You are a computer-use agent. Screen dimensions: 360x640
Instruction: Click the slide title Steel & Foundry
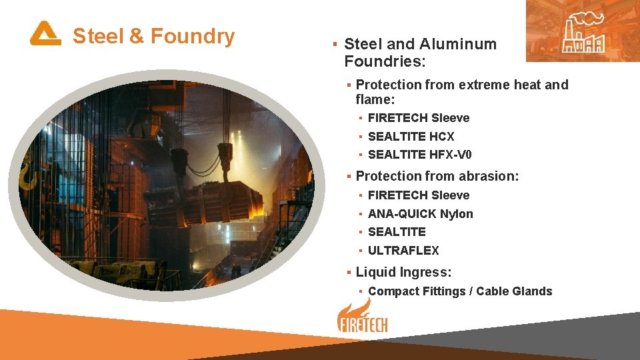pos(153,36)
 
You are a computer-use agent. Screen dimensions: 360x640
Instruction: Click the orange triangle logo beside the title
pos(45,33)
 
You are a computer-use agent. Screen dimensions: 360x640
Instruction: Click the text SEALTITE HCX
pos(411,137)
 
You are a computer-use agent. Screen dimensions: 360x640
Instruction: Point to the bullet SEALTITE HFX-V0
pos(419,155)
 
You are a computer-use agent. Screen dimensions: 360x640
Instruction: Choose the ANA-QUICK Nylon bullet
pos(420,214)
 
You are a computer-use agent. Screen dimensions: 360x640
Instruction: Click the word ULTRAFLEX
pos(403,251)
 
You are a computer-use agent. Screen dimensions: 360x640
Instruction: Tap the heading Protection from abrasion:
pos(437,176)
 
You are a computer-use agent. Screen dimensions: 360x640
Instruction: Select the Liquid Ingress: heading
pos(403,272)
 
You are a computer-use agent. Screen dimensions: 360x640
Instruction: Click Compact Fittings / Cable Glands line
pos(460,291)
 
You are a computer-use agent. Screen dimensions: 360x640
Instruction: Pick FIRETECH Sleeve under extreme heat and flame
pos(419,118)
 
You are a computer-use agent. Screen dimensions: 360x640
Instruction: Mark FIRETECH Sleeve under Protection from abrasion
pos(419,195)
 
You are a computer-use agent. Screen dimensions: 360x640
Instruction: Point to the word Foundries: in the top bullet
pos(385,62)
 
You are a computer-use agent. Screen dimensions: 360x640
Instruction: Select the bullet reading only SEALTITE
pos(397,232)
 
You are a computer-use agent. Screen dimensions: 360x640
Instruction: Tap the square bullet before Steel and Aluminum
pos(334,45)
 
